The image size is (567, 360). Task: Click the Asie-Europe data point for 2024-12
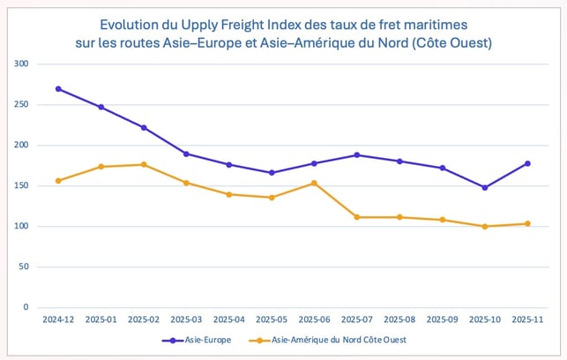58,89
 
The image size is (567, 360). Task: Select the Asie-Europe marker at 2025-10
485,187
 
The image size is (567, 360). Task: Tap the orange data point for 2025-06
314,183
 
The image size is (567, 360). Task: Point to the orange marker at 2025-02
144,164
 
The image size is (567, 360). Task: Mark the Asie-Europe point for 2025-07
357,155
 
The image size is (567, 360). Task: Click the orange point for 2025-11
527,223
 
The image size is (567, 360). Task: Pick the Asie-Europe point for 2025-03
186,154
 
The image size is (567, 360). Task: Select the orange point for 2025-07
357,217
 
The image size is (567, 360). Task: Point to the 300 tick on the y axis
21,64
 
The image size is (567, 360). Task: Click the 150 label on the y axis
21,186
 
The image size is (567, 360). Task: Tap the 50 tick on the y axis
24,267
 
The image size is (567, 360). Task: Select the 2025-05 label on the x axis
272,319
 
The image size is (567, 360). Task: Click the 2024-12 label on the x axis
58,319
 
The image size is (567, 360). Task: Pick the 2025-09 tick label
442,319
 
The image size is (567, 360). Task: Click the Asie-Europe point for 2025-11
527,163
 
